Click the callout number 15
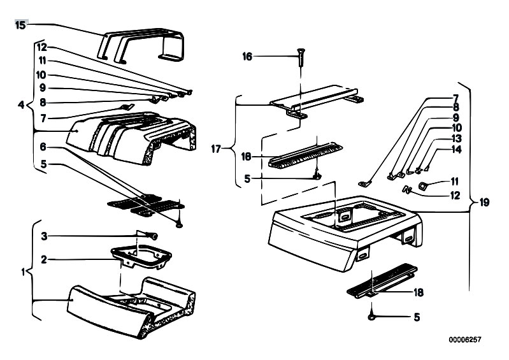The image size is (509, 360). pyautogui.click(x=20, y=25)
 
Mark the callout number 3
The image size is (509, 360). pyautogui.click(x=43, y=236)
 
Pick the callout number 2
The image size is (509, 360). pyautogui.click(x=43, y=259)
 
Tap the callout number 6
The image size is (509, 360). pyautogui.click(x=43, y=147)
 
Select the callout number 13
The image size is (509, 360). pyautogui.click(x=456, y=138)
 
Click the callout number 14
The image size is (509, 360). pyautogui.click(x=456, y=150)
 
